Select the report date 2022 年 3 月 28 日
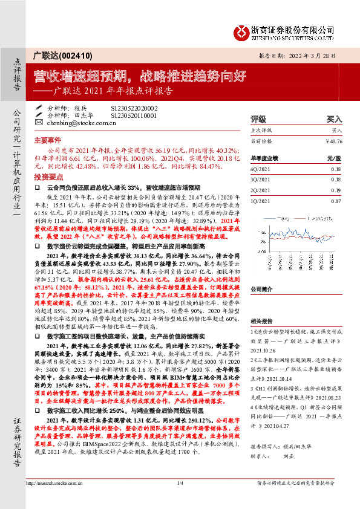coord(319,56)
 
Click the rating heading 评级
coord(258,120)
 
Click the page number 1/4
coord(180,500)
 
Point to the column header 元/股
coord(333,158)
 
